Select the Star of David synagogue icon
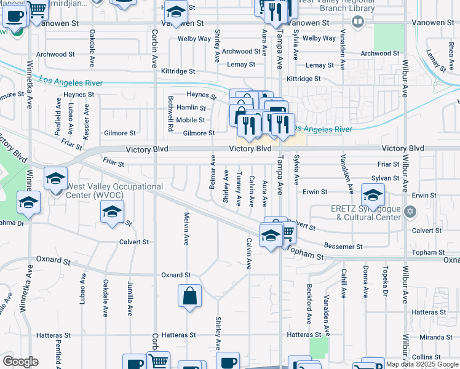(x=411, y=213)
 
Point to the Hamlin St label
(x=191, y=108)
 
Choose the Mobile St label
(x=190, y=120)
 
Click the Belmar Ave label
(x=213, y=172)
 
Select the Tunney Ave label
(x=239, y=188)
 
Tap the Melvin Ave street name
(x=186, y=228)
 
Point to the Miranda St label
(x=436, y=338)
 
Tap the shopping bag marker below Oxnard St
(x=190, y=296)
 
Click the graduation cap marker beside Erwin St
(x=373, y=196)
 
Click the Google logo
(x=20, y=362)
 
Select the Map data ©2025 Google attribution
(x=421, y=364)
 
